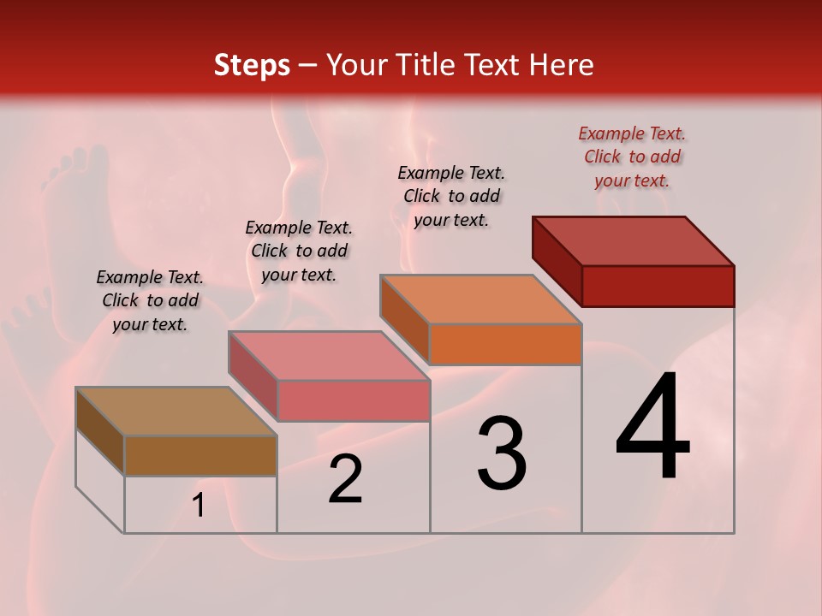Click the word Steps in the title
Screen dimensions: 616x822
252,65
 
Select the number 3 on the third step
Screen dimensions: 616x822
502,453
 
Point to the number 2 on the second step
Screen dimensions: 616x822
346,479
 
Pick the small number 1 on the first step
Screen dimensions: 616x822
199,506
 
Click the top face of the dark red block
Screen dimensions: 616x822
634,240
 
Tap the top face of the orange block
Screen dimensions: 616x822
481,299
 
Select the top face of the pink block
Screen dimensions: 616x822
329,355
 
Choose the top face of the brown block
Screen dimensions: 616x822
176,412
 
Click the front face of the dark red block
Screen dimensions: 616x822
658,286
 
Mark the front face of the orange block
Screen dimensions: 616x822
505,344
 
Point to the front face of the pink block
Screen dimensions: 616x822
353,400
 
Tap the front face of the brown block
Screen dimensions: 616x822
200,455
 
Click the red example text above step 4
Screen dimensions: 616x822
632,157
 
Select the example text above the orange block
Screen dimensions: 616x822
451,196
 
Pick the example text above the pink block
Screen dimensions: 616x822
299,251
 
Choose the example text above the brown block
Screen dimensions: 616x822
150,300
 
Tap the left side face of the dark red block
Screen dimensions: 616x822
557,261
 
